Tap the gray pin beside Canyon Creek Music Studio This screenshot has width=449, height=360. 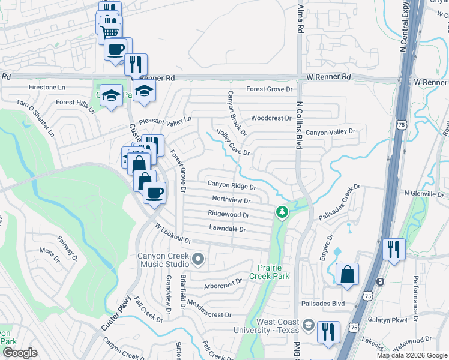(199, 259)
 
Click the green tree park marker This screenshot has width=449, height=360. (281, 212)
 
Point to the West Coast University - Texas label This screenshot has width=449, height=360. (278, 326)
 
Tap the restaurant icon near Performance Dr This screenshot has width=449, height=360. (394, 248)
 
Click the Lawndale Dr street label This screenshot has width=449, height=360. (228, 229)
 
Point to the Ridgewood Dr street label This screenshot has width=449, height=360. (228, 214)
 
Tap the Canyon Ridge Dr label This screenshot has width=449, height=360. (232, 186)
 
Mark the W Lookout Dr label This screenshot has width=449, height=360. (172, 234)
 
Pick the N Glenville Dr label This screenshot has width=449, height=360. (426, 193)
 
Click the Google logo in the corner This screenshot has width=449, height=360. (20, 353)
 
